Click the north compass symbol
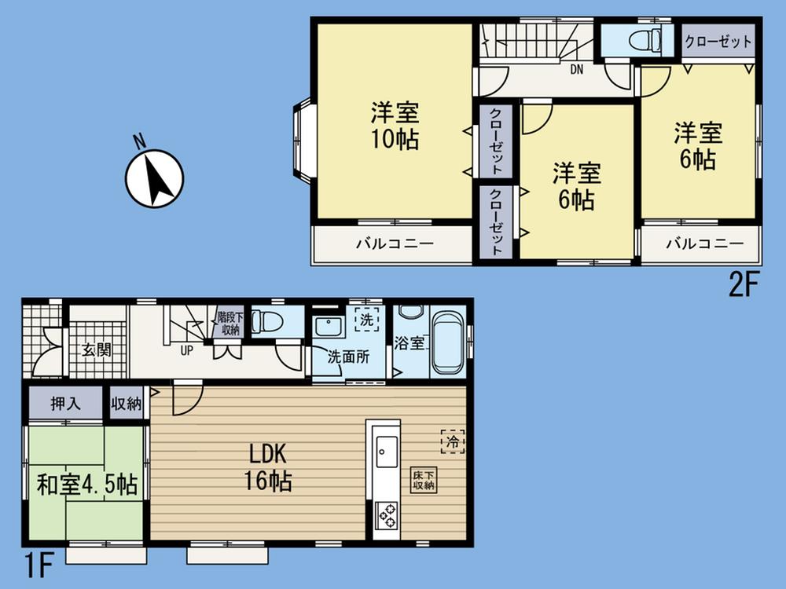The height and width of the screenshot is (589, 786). [155, 178]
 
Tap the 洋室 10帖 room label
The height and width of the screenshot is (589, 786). [395, 126]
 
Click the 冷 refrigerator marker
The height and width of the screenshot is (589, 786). [452, 442]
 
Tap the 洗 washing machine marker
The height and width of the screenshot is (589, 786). [365, 320]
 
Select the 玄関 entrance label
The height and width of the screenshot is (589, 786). [97, 349]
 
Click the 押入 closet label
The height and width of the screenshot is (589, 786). [66, 404]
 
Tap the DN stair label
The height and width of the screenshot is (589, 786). [577, 69]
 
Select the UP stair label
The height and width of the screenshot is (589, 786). [187, 350]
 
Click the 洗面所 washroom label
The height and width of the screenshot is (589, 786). [348, 354]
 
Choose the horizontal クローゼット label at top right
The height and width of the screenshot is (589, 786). [718, 42]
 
